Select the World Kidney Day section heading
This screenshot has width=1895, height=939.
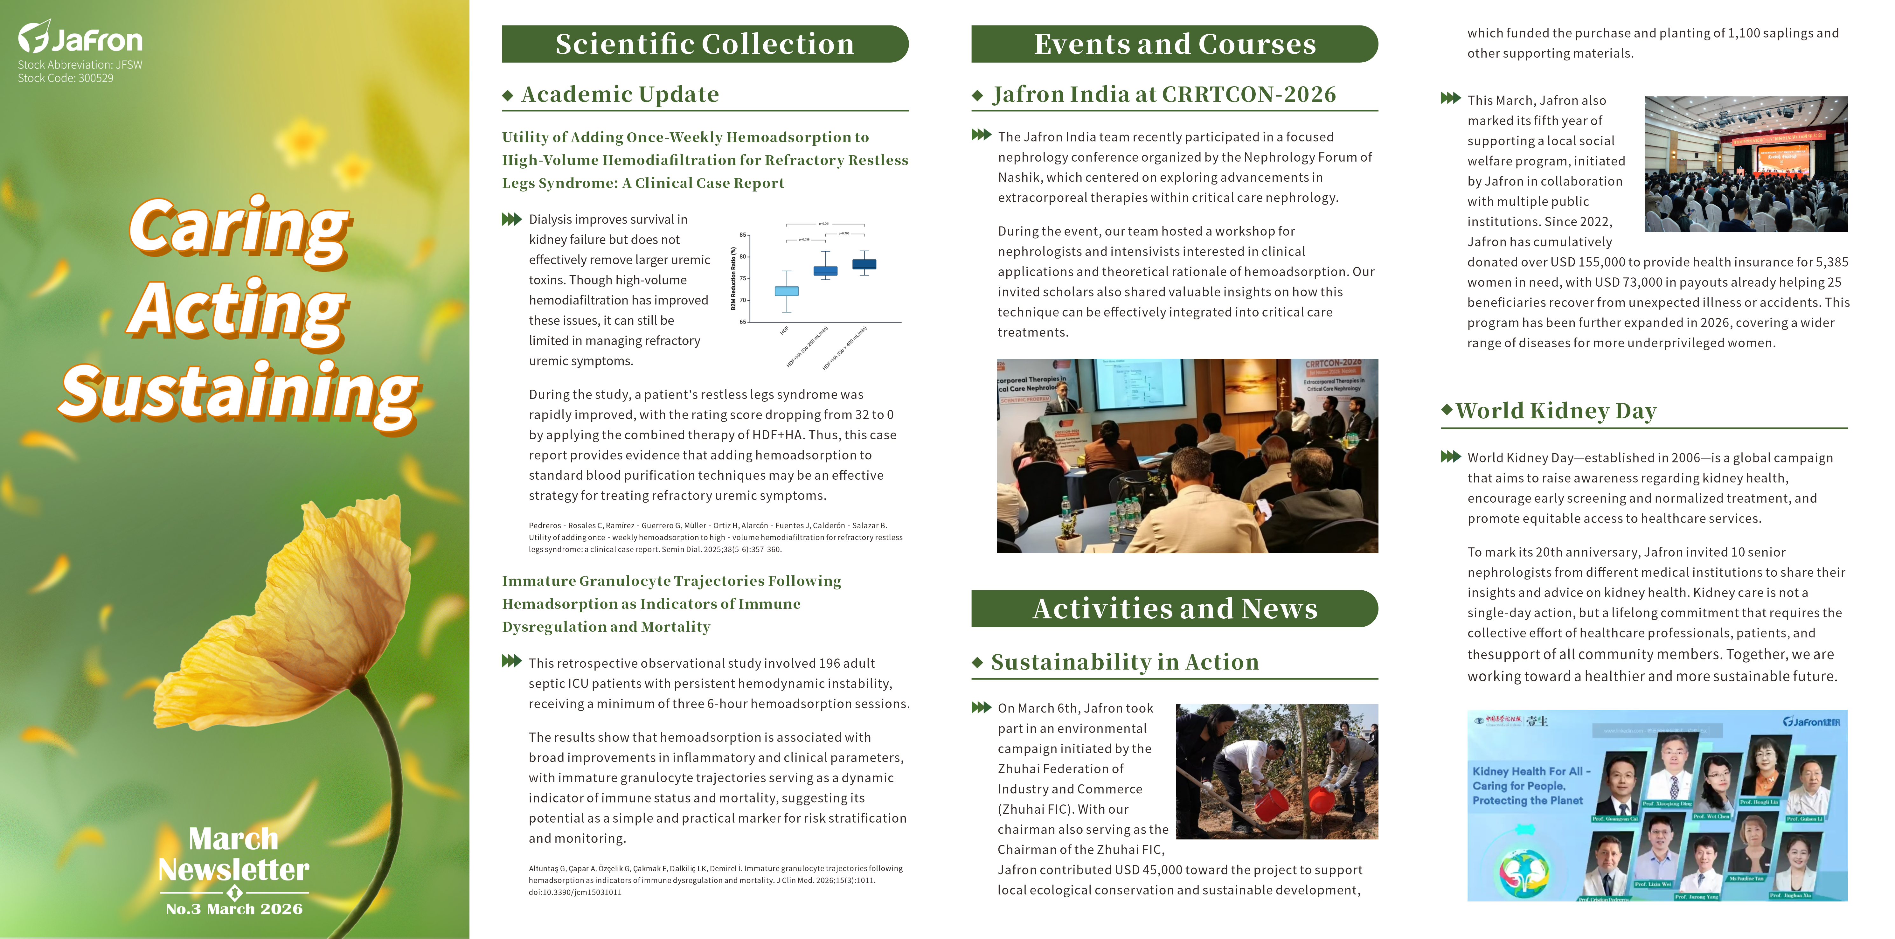click(1556, 411)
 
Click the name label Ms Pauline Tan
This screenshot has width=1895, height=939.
click(1746, 878)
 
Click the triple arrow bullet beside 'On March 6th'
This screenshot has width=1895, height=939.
click(981, 708)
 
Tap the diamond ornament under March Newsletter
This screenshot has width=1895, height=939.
click(234, 893)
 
